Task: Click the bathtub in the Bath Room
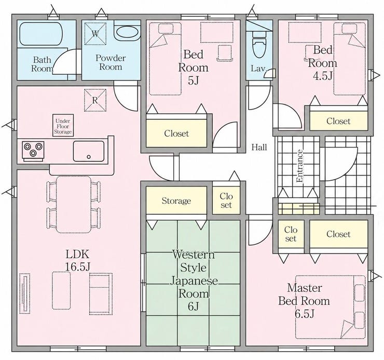[40, 34]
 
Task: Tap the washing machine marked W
[95, 34]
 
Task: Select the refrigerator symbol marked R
[95, 100]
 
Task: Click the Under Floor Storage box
[63, 125]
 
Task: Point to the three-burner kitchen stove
[33, 150]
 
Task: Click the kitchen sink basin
[89, 151]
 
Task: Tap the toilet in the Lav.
[259, 45]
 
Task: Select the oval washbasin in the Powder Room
[127, 32]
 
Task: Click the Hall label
[259, 148]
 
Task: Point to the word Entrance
[299, 166]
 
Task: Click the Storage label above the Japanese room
[176, 201]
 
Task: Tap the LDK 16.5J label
[78, 260]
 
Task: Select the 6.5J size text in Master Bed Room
[305, 314]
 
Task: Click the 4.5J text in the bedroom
[323, 76]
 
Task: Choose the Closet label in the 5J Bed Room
[176, 134]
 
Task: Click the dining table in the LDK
[74, 205]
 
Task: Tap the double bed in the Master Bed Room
[330, 307]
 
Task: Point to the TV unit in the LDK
[25, 294]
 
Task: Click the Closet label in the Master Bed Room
[338, 234]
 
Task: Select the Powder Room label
[111, 62]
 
